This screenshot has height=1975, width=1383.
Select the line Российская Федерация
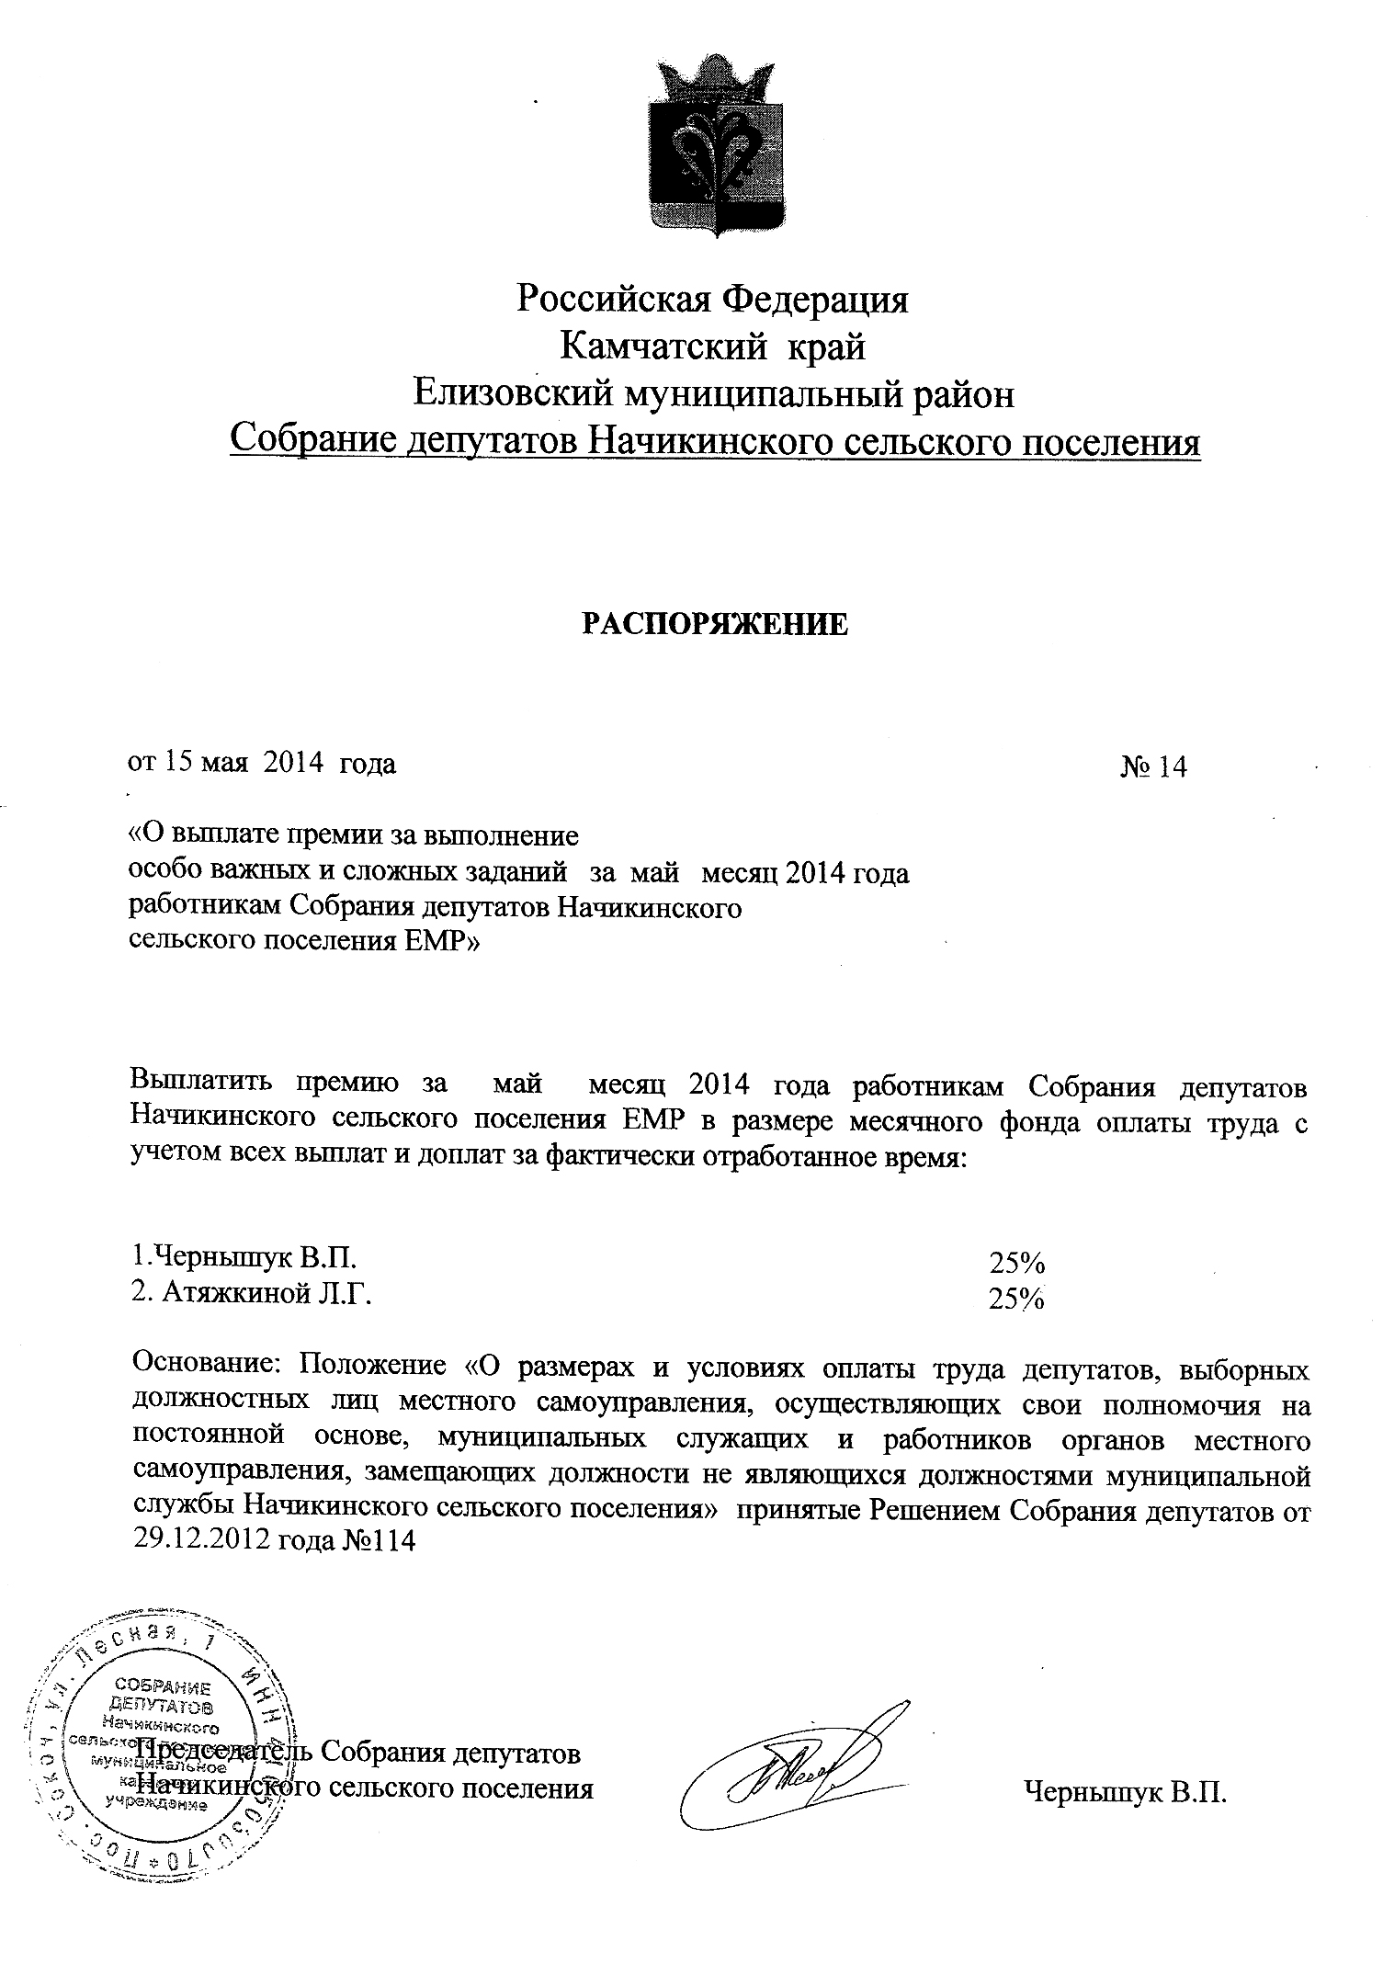tap(712, 300)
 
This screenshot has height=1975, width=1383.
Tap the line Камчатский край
tap(712, 347)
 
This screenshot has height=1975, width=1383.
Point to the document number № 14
tap(1153, 766)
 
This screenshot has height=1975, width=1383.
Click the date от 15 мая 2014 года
tap(261, 763)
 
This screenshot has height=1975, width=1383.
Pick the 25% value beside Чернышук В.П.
tap(1016, 1262)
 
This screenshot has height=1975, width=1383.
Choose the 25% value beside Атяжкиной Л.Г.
tap(1015, 1298)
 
